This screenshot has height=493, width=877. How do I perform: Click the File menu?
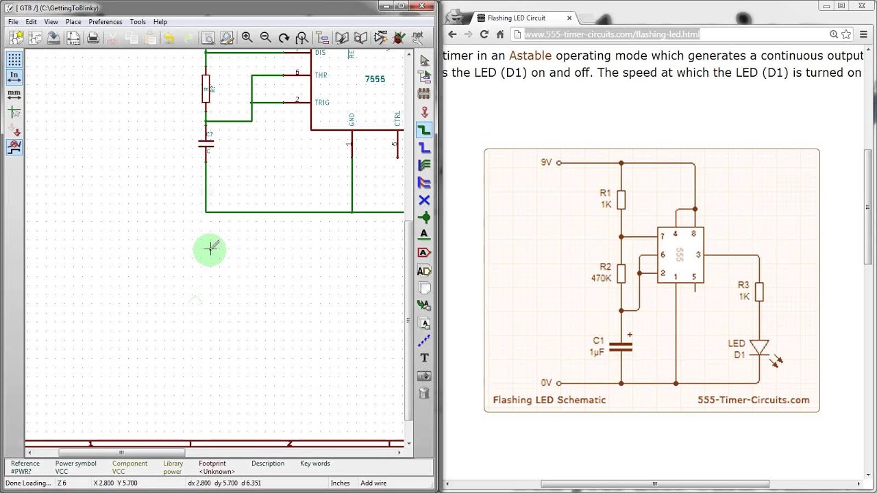(x=13, y=22)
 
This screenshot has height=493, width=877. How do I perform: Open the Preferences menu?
(x=105, y=22)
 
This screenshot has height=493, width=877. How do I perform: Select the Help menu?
(x=160, y=22)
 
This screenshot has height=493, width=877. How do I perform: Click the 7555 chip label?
(x=375, y=79)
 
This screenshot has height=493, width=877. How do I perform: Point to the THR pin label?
(x=321, y=75)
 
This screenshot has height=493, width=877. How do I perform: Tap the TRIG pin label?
(x=321, y=103)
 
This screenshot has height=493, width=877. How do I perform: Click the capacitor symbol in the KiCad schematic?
(x=206, y=144)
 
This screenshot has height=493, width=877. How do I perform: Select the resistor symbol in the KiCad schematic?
(x=206, y=88)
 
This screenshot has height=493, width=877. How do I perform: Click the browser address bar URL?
(x=612, y=34)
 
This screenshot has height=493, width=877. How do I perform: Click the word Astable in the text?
(x=530, y=55)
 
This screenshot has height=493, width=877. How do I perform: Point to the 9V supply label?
(x=546, y=162)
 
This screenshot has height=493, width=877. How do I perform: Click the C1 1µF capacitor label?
(x=597, y=346)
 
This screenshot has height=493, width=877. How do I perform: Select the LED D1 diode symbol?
(x=758, y=348)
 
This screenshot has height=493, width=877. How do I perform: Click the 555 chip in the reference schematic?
(x=680, y=255)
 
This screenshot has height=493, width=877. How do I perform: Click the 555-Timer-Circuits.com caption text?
(x=753, y=400)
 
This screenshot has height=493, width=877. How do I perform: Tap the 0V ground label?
(x=546, y=383)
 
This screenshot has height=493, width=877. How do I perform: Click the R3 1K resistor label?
(x=743, y=290)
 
